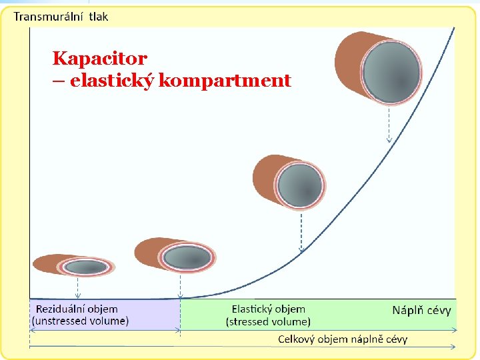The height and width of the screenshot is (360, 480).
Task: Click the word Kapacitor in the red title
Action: (x=99, y=58)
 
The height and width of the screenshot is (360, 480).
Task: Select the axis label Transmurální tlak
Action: (x=61, y=16)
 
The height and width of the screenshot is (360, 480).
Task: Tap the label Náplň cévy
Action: (x=421, y=310)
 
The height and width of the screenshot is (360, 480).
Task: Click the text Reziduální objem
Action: (x=76, y=309)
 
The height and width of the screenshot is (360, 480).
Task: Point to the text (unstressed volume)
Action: (x=80, y=321)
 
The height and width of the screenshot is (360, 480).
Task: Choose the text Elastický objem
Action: (x=268, y=309)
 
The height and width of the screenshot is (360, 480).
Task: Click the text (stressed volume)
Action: (x=268, y=321)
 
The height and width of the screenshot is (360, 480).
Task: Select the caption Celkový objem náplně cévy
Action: (x=342, y=339)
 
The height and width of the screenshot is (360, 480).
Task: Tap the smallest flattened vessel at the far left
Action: (x=74, y=265)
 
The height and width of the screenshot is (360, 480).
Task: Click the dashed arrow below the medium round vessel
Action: (x=301, y=230)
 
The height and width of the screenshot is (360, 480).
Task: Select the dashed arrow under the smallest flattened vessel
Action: (x=78, y=287)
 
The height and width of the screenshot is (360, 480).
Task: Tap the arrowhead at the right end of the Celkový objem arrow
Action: (x=453, y=347)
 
